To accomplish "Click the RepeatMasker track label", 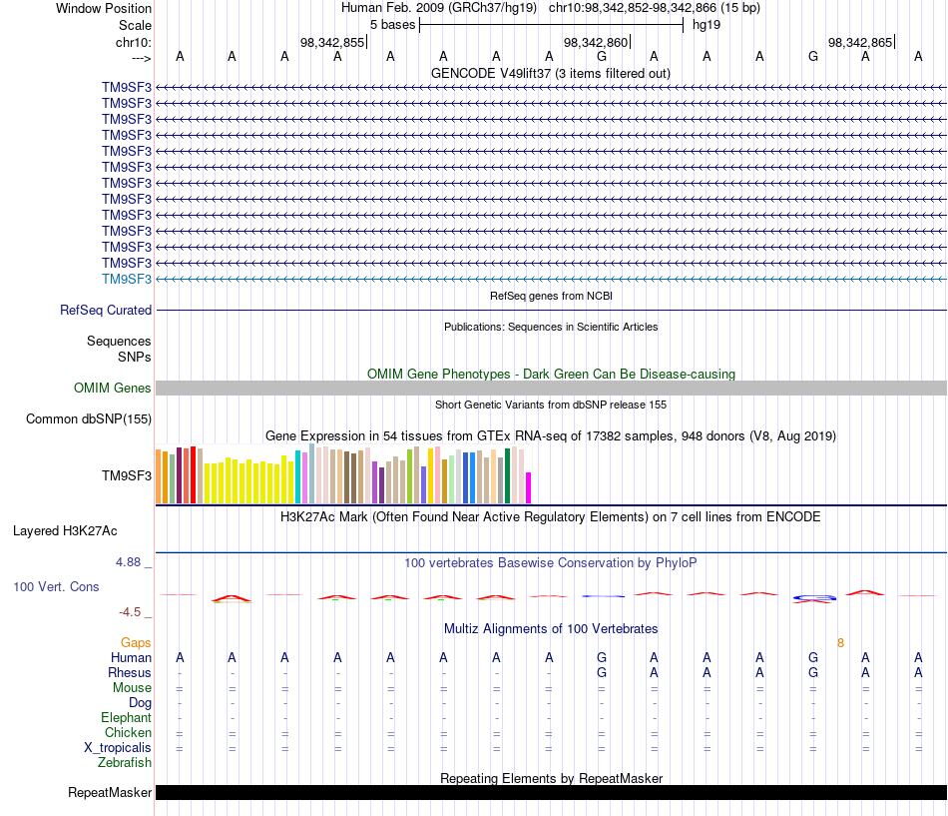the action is (x=110, y=792).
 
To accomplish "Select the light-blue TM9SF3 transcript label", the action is (x=127, y=279).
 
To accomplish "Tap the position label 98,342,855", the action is (x=332, y=42).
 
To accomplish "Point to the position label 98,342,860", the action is (x=596, y=42).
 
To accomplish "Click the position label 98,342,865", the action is (x=860, y=42).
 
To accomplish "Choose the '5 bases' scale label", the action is (x=392, y=25).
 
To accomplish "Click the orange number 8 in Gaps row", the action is (x=840, y=643).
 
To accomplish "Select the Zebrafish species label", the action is (x=125, y=763).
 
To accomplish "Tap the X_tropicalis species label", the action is (x=118, y=748).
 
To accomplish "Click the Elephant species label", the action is (x=126, y=718).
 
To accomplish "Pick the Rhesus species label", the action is (x=130, y=672).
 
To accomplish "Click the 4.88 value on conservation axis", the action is (x=128, y=562).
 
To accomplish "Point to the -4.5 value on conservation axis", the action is (x=130, y=612).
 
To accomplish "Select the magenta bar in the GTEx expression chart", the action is (x=529, y=488).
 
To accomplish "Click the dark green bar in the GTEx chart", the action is (x=508, y=475).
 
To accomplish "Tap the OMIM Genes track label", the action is (x=113, y=388).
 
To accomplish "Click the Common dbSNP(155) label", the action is (x=89, y=418).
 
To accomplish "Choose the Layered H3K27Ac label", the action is (x=65, y=531).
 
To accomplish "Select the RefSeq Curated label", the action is (x=106, y=310).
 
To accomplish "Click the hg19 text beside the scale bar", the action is (x=707, y=25).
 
